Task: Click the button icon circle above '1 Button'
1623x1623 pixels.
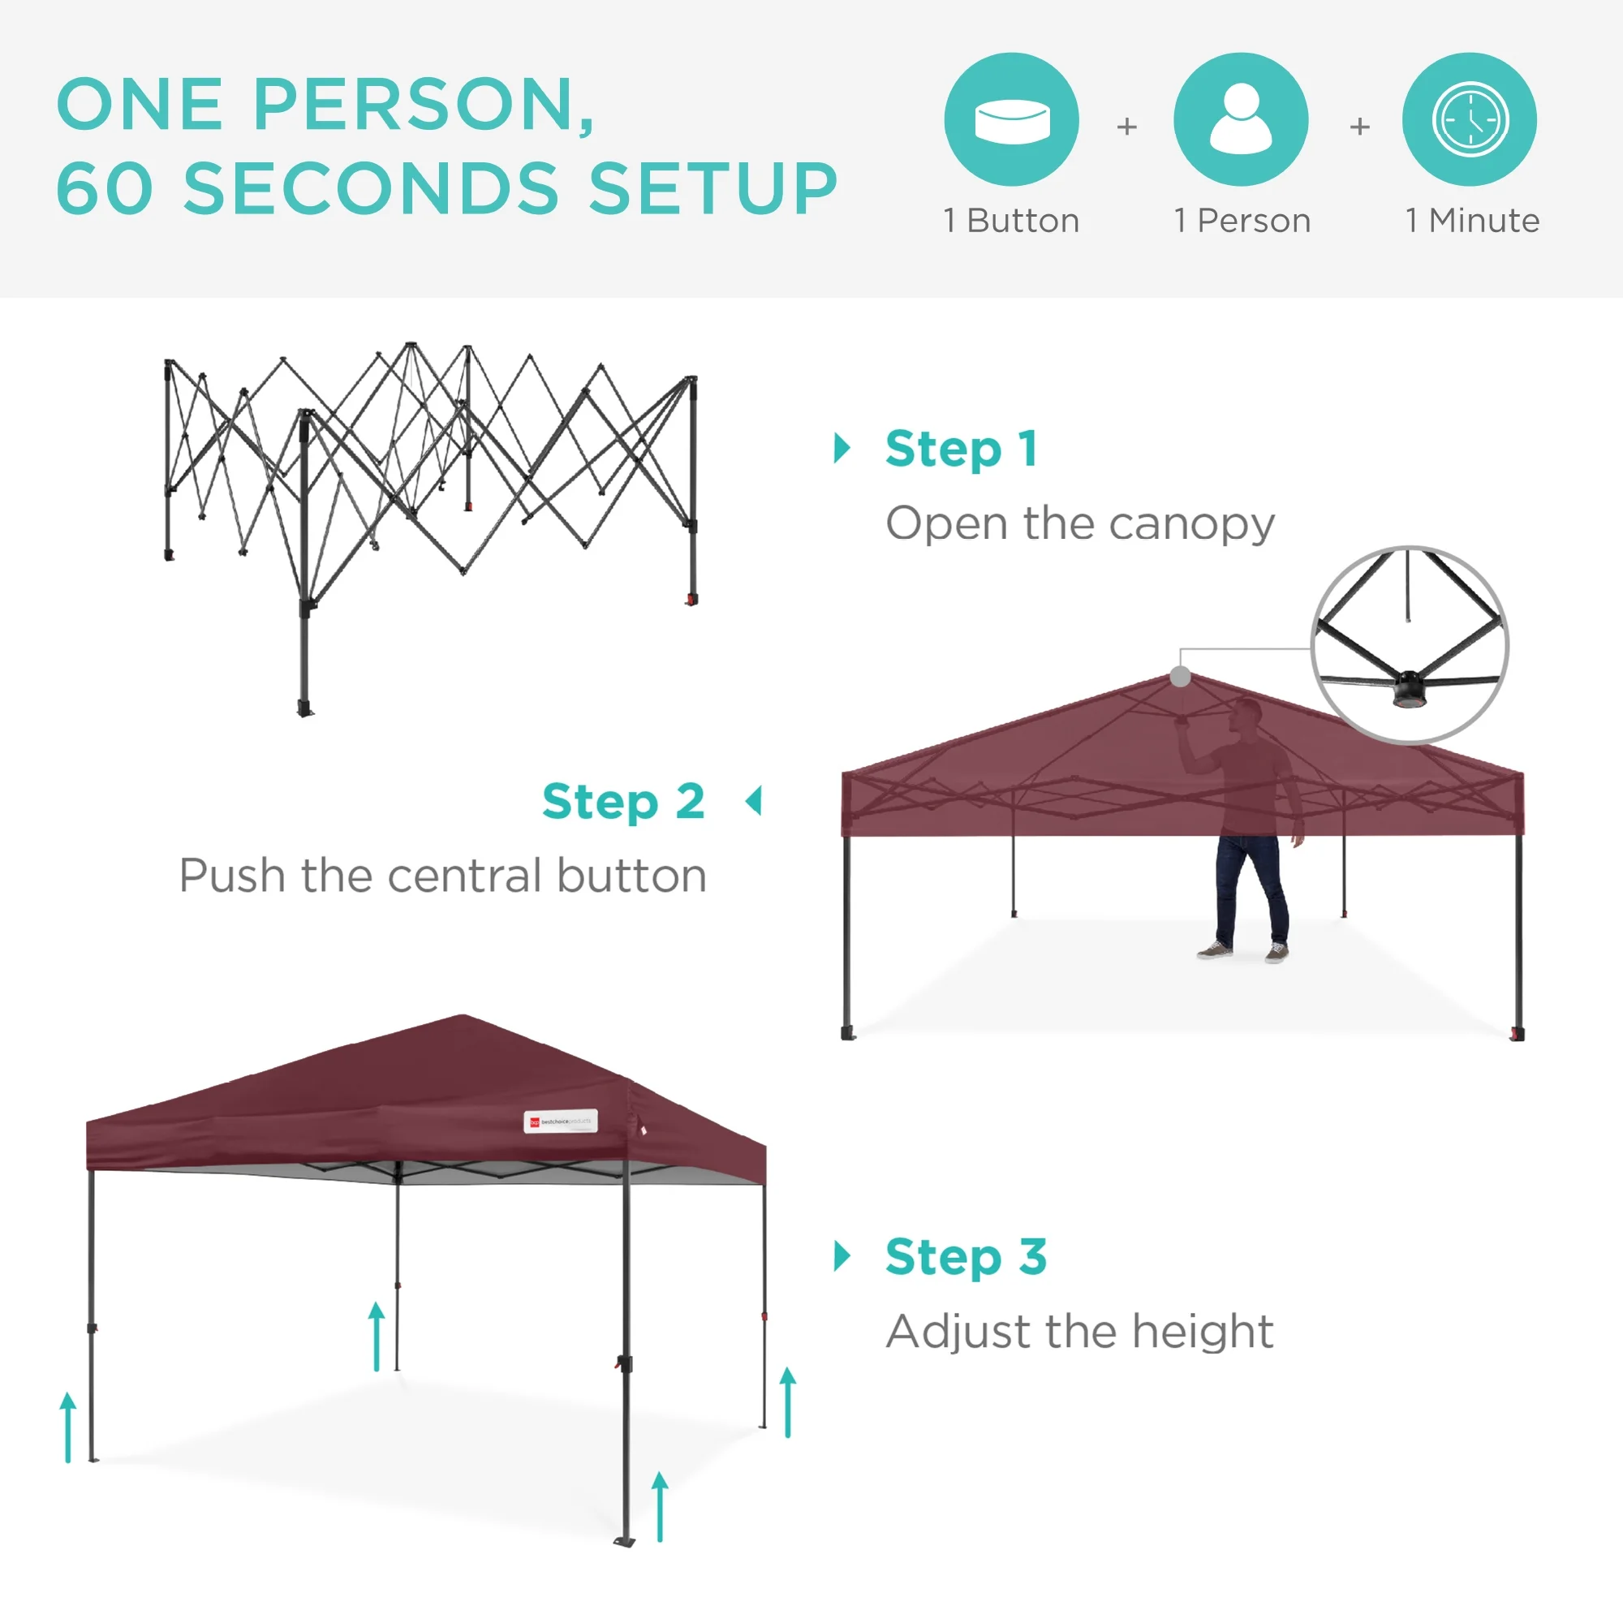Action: click(1011, 119)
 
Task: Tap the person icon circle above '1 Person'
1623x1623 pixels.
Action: click(1241, 119)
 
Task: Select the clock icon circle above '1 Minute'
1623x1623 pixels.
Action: click(1470, 119)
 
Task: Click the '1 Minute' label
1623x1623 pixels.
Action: click(1472, 221)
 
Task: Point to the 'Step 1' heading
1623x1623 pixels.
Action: click(961, 449)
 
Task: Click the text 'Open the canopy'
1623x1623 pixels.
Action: click(1080, 524)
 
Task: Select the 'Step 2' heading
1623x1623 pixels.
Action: click(623, 802)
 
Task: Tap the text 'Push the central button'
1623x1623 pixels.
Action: click(443, 876)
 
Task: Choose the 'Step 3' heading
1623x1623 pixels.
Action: click(966, 1257)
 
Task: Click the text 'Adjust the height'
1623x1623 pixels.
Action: click(1080, 1332)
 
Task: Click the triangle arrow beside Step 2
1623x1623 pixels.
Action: click(755, 801)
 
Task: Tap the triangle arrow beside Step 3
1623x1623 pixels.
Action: click(842, 1256)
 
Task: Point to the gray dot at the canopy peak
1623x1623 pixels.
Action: click(1180, 676)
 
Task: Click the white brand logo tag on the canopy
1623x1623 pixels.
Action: click(560, 1121)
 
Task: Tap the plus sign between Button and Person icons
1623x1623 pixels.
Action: click(1126, 127)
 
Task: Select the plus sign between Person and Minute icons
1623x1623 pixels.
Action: click(1359, 127)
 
